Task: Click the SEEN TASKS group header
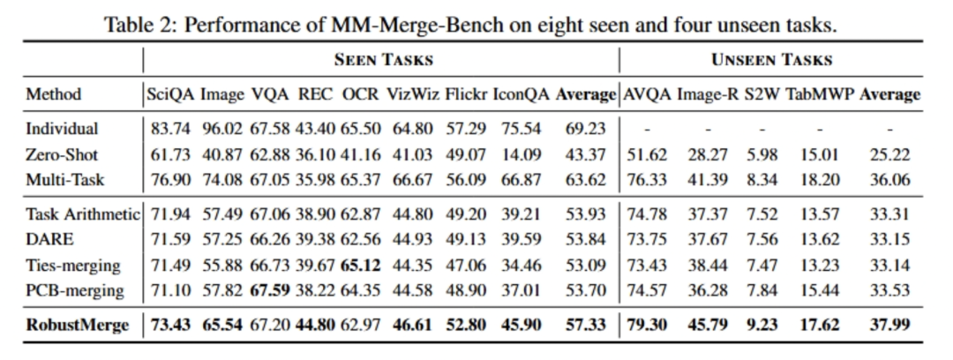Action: [x=382, y=60]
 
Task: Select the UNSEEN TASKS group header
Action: [x=772, y=60]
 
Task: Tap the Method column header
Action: [x=54, y=94]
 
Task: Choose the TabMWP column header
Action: [x=820, y=94]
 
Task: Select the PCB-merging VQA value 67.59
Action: [x=270, y=290]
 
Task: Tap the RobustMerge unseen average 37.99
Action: [x=890, y=326]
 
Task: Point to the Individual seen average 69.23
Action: [x=585, y=129]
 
